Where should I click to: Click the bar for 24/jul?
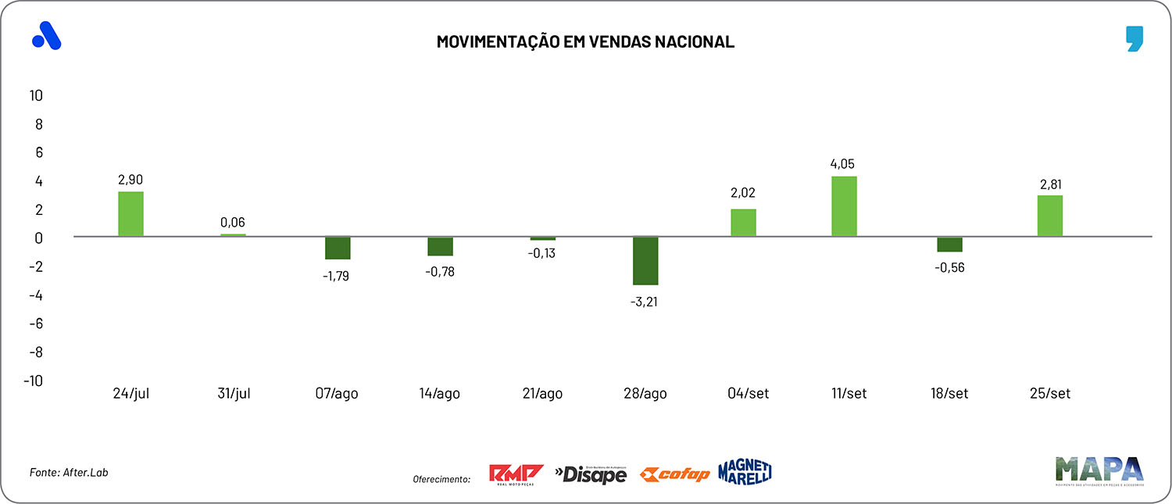[130, 213]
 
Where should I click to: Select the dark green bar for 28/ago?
[645, 260]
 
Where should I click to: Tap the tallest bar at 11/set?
[844, 206]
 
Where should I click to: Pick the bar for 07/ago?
[338, 248]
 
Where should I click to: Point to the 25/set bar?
[1049, 216]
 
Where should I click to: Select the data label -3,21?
[645, 301]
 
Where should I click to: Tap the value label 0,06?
[233, 223]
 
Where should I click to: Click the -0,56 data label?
[949, 267]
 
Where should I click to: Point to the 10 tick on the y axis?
[36, 95]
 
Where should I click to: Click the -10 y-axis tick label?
[33, 381]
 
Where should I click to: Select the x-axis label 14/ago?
[439, 394]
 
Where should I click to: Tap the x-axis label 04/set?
[747, 394]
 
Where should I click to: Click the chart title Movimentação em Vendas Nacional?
[585, 42]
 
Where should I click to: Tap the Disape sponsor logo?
[591, 474]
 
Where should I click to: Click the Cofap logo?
[674, 474]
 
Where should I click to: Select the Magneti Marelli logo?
[745, 471]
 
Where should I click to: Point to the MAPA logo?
[1100, 470]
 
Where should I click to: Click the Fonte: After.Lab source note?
[69, 473]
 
